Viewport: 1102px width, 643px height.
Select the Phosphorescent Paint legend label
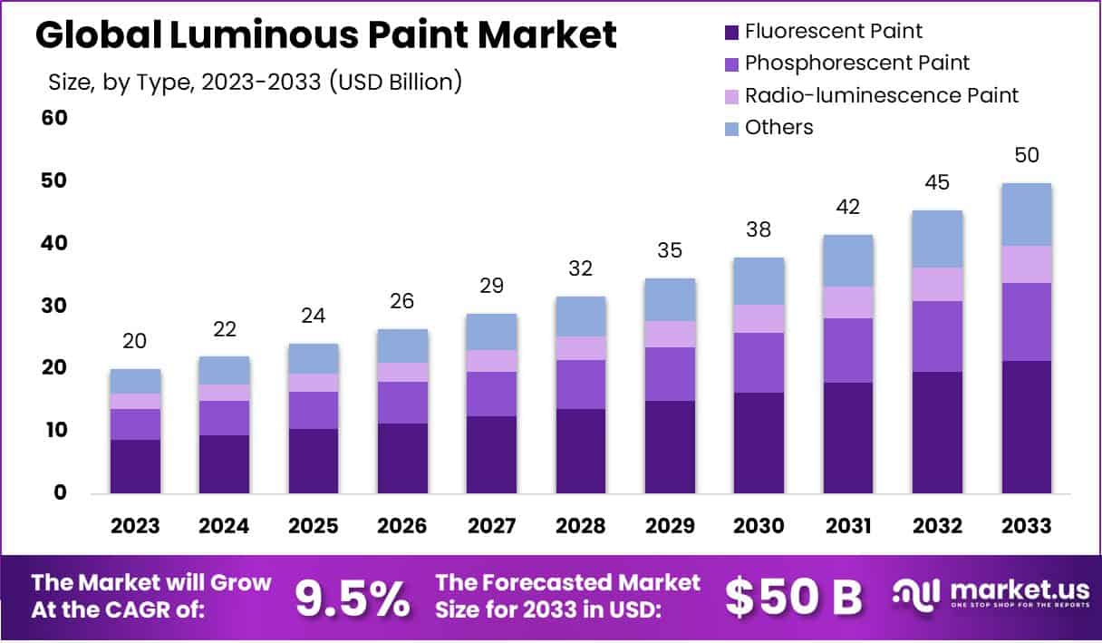pos(856,63)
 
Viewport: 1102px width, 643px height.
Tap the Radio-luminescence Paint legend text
pos(881,95)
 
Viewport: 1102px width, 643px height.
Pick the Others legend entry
pos(778,127)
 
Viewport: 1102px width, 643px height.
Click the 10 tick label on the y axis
pos(54,430)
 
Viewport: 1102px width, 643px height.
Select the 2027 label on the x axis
pos(491,526)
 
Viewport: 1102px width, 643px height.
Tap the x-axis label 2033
pos(1027,526)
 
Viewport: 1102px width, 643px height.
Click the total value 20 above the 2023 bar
pos(135,341)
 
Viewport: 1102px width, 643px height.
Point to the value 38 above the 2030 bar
pos(759,229)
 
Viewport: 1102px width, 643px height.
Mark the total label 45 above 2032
pos(937,182)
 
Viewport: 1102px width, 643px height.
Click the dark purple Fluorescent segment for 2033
pos(1027,426)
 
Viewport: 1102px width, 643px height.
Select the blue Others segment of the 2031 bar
pos(847,260)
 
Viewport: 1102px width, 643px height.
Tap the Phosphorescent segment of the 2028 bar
pos(581,384)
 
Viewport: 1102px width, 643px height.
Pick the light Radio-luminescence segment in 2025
pos(314,383)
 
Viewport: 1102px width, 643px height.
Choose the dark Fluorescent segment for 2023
pos(135,466)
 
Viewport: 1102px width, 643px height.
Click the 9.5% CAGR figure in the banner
pos(353,597)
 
